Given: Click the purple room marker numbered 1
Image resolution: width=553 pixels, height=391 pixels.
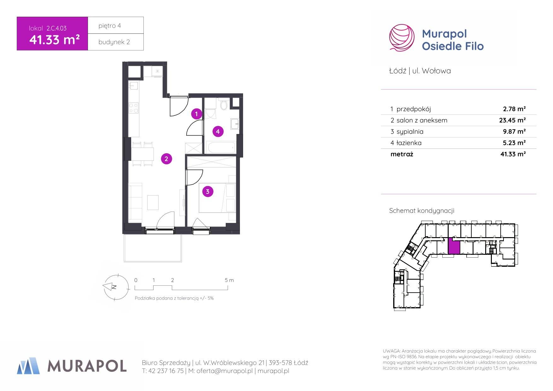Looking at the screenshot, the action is tap(196, 114).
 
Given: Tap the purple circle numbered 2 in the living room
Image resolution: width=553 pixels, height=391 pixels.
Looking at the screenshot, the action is tap(166, 159).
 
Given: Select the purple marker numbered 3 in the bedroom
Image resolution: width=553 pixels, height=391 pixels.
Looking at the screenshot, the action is tap(207, 191).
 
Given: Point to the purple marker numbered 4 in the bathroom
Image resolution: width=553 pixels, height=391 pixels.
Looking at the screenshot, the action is tap(218, 131).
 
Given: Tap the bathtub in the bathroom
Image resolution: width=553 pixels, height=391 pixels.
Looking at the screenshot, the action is tap(221, 147).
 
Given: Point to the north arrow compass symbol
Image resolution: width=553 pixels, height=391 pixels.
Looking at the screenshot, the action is tap(116, 287).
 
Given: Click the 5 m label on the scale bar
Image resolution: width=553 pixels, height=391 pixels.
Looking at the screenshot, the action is tap(229, 280).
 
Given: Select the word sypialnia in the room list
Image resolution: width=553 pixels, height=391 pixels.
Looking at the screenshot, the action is tap(410, 132).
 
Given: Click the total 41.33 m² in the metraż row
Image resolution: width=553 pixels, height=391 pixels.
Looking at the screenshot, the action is tap(513, 154).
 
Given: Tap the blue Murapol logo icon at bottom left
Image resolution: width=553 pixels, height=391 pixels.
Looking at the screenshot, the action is tap(28, 366).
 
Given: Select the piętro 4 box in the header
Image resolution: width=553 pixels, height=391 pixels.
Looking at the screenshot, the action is tap(116, 25).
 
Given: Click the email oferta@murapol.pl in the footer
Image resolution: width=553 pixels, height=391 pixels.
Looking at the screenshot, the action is tap(224, 371).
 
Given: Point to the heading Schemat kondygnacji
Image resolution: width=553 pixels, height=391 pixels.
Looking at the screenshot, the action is tap(422, 211).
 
